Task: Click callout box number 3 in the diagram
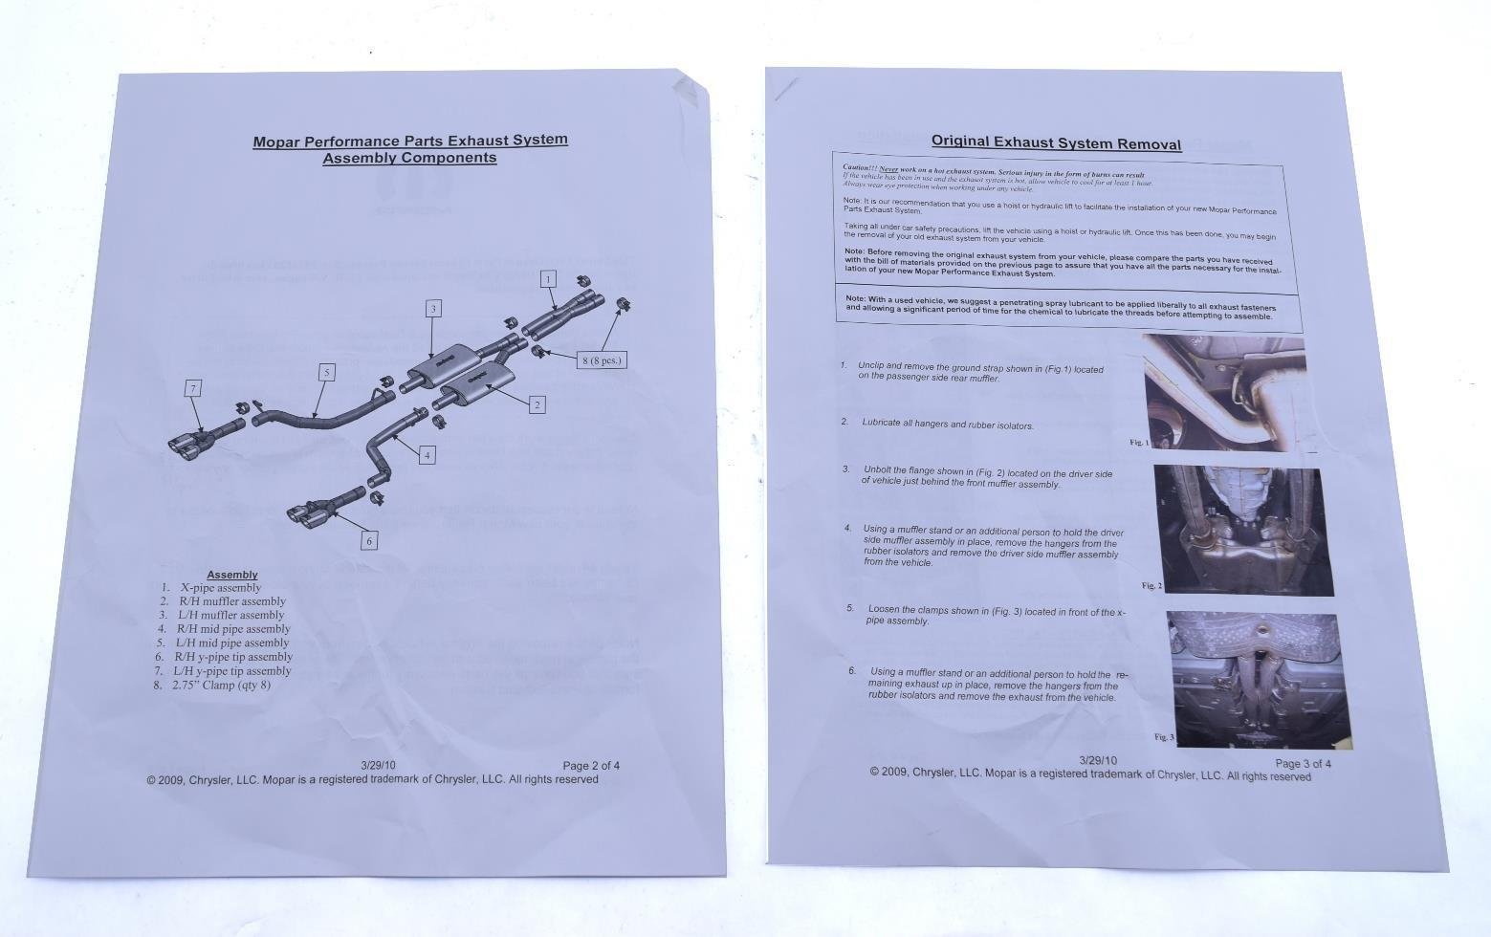point(433,308)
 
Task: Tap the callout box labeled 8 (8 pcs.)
point(602,360)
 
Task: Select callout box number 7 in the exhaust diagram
point(194,388)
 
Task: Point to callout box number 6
point(369,540)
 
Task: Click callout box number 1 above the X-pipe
point(548,279)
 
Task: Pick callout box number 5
point(327,373)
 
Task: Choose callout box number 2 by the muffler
point(537,404)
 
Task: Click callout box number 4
point(428,455)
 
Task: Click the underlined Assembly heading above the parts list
point(232,575)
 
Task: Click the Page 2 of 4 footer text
point(591,765)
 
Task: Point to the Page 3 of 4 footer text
point(1303,763)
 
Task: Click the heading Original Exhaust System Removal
point(1056,143)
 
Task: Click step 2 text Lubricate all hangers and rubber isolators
point(947,424)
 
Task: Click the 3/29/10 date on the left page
point(378,765)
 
